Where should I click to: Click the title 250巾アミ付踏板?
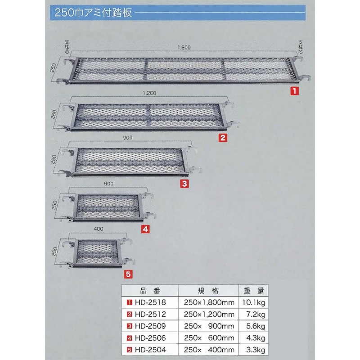coord(93,13)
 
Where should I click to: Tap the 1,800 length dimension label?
coord(184,48)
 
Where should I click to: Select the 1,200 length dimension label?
coord(149,93)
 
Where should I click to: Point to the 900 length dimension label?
coord(128,138)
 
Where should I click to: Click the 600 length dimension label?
coord(108,184)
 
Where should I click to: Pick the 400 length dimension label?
coord(99,229)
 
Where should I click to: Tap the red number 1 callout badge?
coord(295,91)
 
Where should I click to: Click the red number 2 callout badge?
coord(223,138)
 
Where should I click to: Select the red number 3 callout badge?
coord(184,184)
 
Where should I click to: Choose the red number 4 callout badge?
coord(145,229)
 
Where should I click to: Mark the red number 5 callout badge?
coord(128,274)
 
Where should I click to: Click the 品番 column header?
coord(150,291)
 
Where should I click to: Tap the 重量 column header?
coord(254,291)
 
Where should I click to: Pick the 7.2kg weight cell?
coord(256,314)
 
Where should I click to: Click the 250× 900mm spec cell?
coord(209,326)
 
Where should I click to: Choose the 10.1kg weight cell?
coord(254,302)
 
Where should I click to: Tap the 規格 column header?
coord(208,291)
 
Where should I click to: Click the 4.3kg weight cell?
coord(256,338)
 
